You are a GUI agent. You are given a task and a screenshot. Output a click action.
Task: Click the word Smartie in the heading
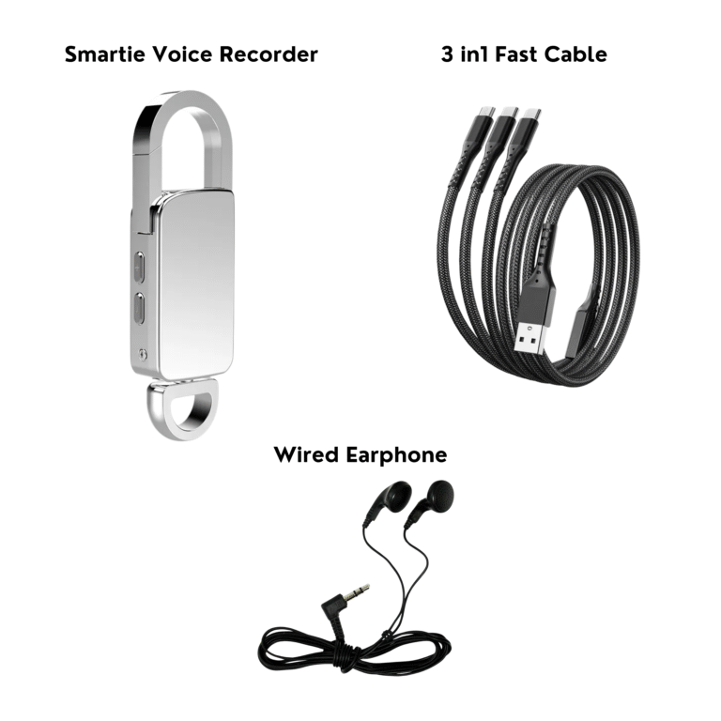105,54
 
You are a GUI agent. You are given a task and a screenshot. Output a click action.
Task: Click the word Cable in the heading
575,54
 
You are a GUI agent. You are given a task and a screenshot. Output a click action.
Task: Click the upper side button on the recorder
139,267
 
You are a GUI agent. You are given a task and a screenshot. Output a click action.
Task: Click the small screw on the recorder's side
143,354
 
